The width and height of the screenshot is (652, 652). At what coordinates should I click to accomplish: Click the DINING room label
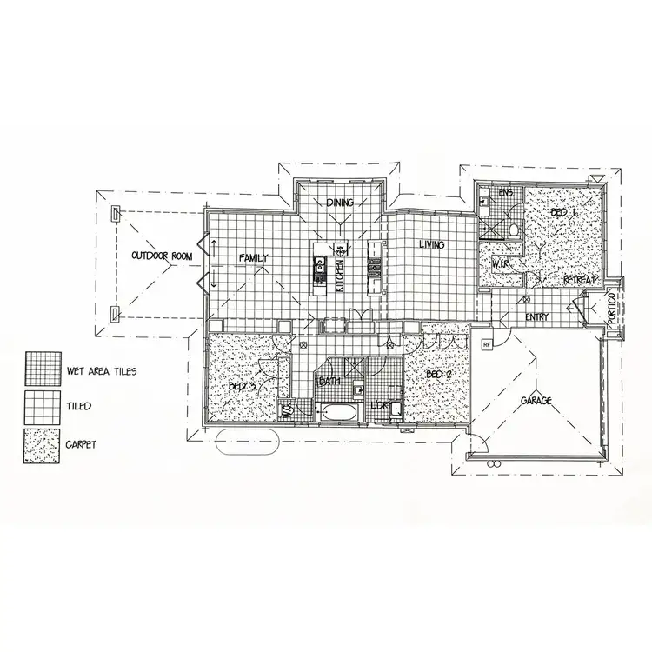pyautogui.click(x=340, y=203)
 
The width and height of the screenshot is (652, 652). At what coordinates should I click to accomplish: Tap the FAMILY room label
pyautogui.click(x=254, y=257)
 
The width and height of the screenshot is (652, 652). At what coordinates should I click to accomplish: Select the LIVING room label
pyautogui.click(x=431, y=245)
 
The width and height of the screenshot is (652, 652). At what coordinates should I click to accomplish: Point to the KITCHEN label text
pyautogui.click(x=340, y=273)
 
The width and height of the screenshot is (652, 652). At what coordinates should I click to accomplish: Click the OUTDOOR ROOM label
pyautogui.click(x=161, y=256)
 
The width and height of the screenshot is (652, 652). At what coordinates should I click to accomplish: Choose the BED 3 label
pyautogui.click(x=243, y=386)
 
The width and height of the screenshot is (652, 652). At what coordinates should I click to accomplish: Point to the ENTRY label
pyautogui.click(x=537, y=317)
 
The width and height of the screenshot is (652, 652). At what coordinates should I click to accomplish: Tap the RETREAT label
pyautogui.click(x=578, y=281)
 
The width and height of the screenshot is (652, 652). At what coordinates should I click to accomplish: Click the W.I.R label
pyautogui.click(x=500, y=263)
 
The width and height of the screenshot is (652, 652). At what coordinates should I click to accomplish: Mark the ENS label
pyautogui.click(x=505, y=192)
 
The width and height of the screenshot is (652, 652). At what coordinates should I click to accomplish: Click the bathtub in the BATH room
pyautogui.click(x=336, y=412)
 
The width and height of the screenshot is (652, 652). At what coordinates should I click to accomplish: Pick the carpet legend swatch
pyautogui.click(x=42, y=444)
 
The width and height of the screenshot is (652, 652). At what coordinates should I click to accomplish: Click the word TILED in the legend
pyautogui.click(x=79, y=406)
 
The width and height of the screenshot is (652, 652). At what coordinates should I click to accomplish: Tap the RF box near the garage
pyautogui.click(x=487, y=344)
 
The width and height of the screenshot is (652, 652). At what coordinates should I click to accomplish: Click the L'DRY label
pyautogui.click(x=380, y=405)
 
